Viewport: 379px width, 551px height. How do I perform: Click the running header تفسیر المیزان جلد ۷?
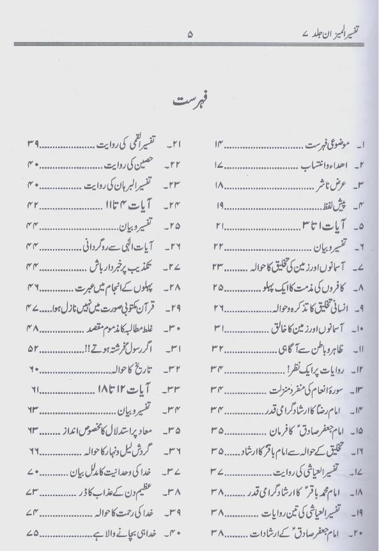327,32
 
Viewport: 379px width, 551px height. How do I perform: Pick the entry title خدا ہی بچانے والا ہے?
126,532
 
